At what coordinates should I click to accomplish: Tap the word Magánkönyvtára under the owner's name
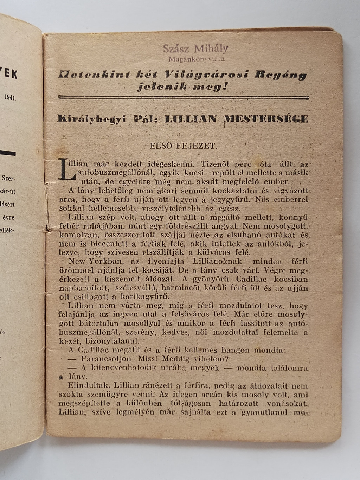(x=196, y=59)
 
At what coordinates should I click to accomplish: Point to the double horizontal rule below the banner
(x=184, y=97)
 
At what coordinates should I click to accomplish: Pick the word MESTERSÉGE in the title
(x=266, y=119)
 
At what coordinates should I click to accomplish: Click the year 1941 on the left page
(x=11, y=97)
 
